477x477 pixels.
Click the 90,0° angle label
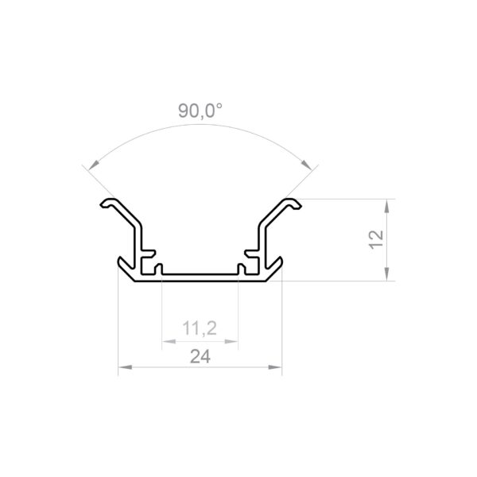coord(200,111)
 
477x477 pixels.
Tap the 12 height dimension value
coord(376,240)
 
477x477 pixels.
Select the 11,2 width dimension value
coord(200,328)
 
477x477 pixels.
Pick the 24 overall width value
coord(200,356)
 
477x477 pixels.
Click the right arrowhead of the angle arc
coord(306,165)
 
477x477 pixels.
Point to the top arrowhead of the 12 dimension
coord(386,205)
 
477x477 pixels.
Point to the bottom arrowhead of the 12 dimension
coord(386,274)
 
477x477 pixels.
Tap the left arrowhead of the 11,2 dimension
coord(169,342)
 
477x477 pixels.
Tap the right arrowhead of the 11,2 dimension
coord(231,342)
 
